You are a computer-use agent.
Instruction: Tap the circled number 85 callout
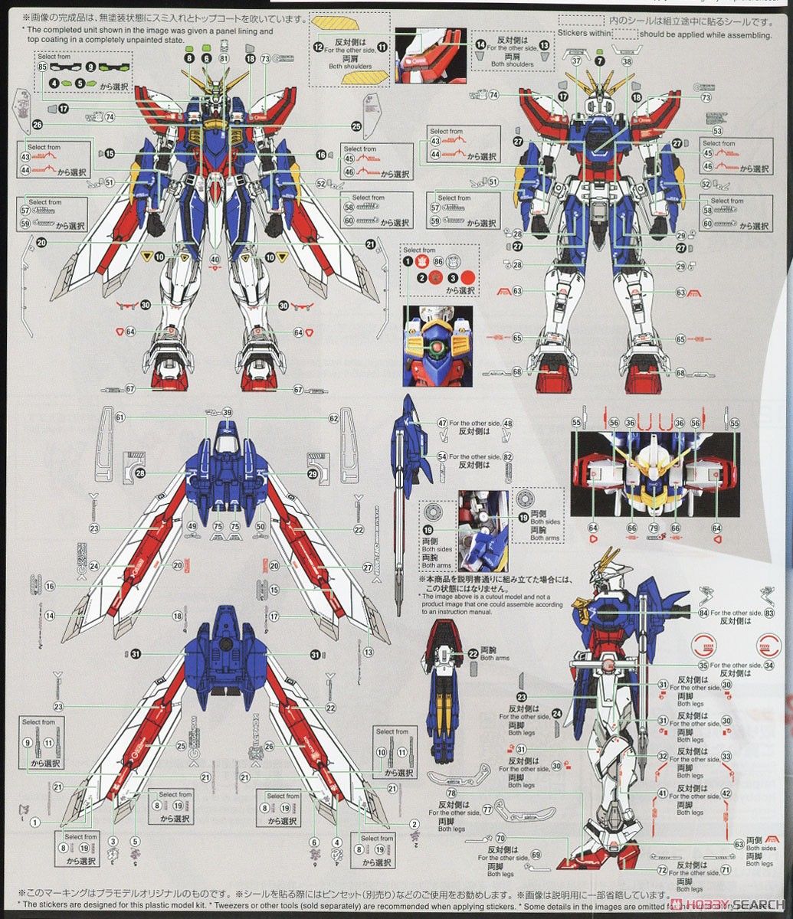(x=42, y=67)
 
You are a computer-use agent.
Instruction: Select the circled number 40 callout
(x=215, y=259)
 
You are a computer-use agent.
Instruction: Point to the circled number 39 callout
(x=227, y=412)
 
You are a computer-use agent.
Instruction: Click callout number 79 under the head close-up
(x=654, y=528)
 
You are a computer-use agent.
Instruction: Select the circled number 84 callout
(x=704, y=612)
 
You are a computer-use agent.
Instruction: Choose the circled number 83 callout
(x=769, y=612)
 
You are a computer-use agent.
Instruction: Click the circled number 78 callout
(x=451, y=793)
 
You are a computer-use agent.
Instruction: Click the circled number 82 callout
(x=507, y=456)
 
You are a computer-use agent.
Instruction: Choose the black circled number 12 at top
(x=318, y=47)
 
